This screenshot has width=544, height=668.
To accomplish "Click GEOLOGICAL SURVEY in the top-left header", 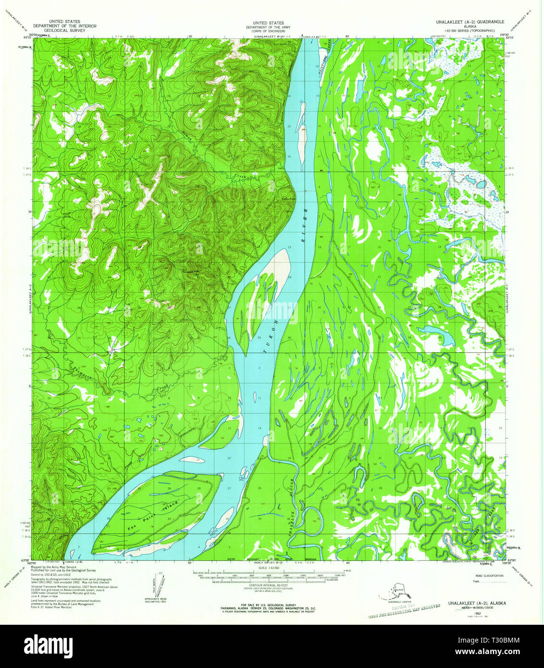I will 64,30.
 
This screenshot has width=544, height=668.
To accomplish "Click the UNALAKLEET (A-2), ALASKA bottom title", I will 476,603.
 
